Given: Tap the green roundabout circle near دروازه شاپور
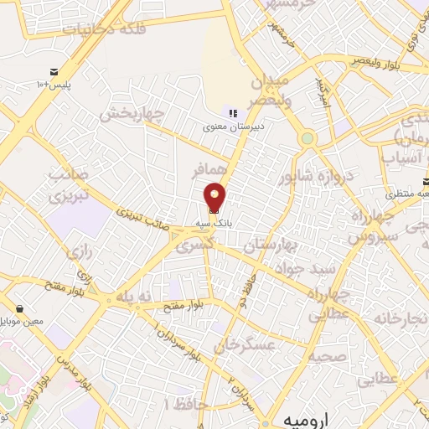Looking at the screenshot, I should coord(308,138).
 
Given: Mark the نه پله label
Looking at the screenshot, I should coord(136,297).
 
